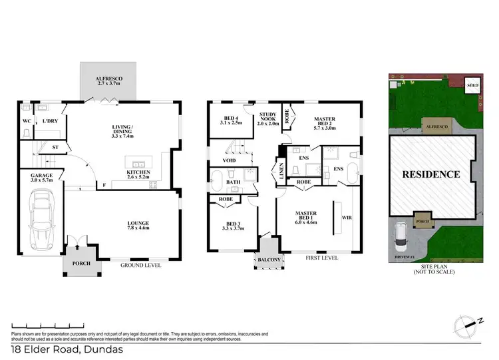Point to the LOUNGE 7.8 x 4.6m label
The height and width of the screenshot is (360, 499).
pos(138,226)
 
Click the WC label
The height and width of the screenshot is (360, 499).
pos(27,121)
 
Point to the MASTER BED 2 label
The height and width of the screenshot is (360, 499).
pos(323,124)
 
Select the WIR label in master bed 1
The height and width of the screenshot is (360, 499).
pos(345,217)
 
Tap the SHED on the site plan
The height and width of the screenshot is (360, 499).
pos(472,87)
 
